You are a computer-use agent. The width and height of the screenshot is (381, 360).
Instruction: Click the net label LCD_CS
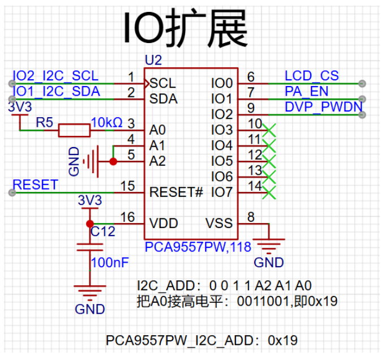click(x=311, y=76)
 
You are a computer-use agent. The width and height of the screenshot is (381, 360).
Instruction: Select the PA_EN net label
click(x=306, y=91)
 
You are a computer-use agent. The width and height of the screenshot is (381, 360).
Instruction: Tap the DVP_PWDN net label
click(x=323, y=106)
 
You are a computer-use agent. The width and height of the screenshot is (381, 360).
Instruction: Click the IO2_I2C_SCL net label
click(x=55, y=76)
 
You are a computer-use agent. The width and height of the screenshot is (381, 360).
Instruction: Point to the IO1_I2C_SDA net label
click(x=56, y=91)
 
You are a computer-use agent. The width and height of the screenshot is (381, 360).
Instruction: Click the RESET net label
click(x=35, y=185)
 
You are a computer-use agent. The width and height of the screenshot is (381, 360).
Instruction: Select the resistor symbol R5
click(x=74, y=130)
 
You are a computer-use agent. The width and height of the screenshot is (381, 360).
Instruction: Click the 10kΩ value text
click(x=106, y=122)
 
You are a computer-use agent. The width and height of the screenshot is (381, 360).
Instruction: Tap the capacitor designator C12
click(x=102, y=232)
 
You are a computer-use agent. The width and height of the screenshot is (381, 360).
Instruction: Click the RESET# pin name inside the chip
click(x=176, y=192)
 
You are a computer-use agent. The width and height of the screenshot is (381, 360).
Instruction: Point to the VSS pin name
click(x=219, y=223)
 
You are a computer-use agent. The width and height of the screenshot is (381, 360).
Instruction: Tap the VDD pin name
click(x=163, y=223)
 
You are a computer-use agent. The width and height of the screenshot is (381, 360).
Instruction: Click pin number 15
click(x=128, y=186)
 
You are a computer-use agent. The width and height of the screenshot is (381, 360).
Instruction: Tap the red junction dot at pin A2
click(x=113, y=161)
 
